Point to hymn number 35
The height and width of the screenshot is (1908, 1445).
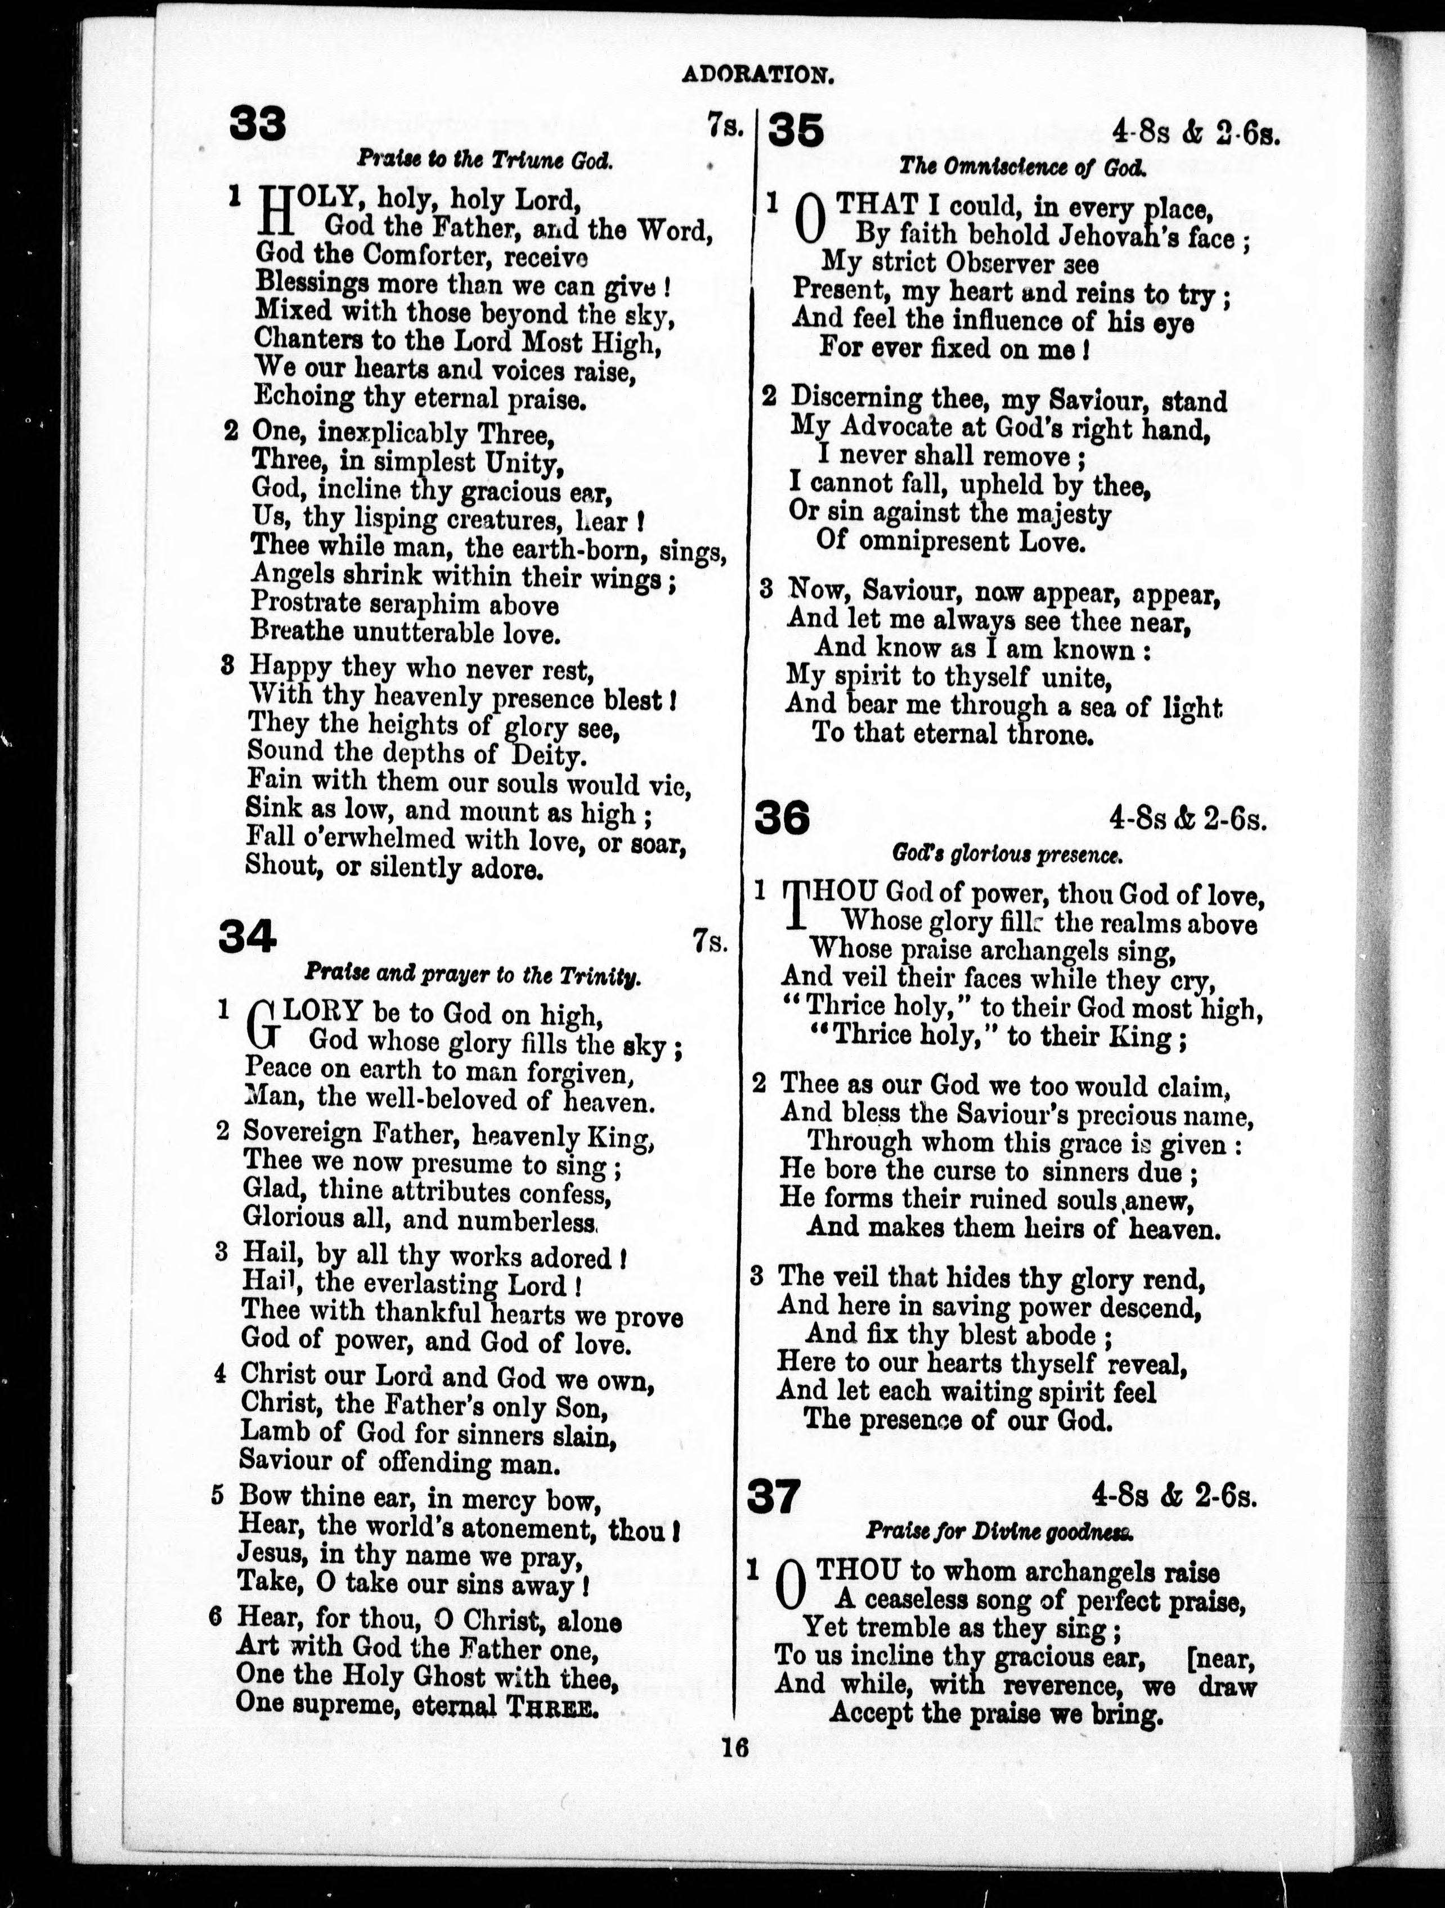[x=796, y=130]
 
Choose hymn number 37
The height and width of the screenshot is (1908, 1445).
[x=774, y=1497]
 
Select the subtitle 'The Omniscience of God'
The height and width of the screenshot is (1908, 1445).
[x=1022, y=166]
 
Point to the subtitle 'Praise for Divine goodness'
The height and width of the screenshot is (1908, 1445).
[x=999, y=1532]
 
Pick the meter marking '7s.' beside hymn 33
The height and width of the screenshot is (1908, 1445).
[x=725, y=127]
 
